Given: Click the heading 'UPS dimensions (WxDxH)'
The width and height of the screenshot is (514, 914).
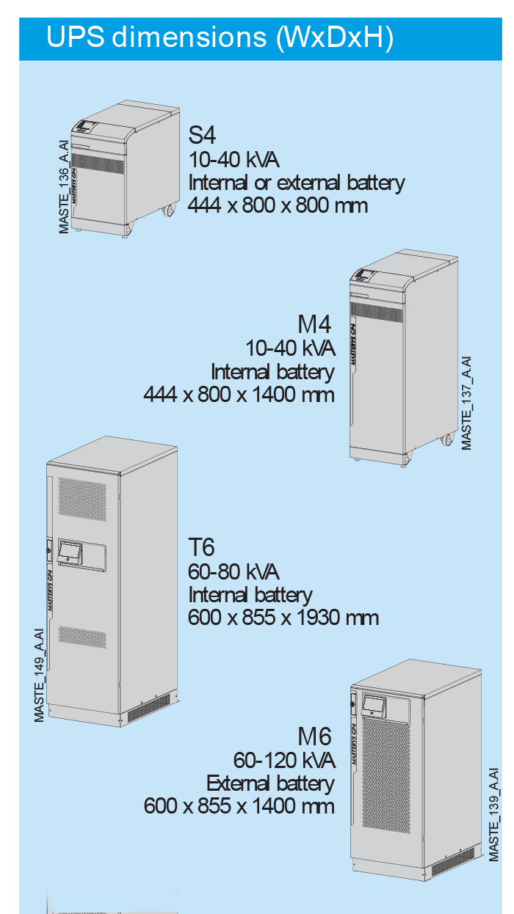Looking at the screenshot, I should tap(220, 37).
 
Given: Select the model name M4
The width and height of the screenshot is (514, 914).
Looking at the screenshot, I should tap(315, 323).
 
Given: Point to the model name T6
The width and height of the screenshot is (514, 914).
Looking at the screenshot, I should tap(202, 547).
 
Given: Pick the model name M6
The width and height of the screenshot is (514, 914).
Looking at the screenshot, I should tap(315, 736).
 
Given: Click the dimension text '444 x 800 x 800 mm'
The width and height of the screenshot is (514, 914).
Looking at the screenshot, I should tap(278, 205).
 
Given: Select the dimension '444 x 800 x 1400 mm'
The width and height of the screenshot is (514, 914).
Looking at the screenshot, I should tap(239, 395).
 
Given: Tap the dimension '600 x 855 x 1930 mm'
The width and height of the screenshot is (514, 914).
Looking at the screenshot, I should tap(283, 617).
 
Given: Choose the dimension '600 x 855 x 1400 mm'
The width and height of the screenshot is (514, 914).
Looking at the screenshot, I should tap(239, 806).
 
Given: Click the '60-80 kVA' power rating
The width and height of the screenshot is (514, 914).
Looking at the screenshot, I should tap(234, 571).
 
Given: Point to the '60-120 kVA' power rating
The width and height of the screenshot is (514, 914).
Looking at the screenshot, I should tap(284, 759).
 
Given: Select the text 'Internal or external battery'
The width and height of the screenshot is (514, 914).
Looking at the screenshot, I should tap(297, 182).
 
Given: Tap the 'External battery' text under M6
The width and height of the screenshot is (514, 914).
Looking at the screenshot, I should tap(270, 783).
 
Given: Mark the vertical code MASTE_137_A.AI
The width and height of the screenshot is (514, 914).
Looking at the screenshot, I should tap(466, 403).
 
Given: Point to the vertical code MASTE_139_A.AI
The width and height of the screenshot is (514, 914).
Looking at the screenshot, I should tap(494, 814).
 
